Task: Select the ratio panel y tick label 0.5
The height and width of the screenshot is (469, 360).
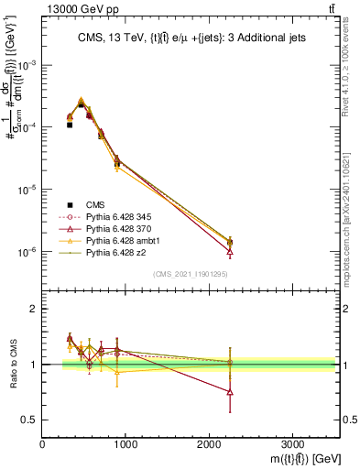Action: (30, 420)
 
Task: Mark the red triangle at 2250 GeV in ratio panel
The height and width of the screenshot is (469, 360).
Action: (230, 392)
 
